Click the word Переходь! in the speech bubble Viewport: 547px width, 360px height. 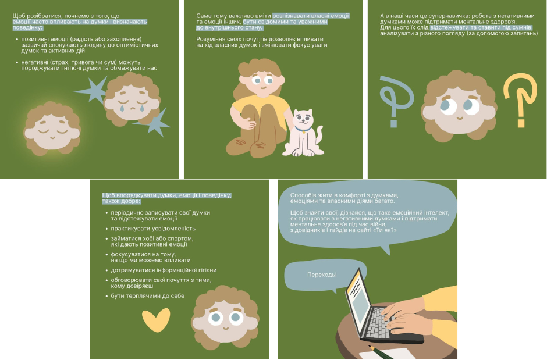pos(322,275)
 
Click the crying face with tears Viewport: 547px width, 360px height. pos(132,99)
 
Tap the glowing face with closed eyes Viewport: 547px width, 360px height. pos(52,129)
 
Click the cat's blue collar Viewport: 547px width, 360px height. pos(303,130)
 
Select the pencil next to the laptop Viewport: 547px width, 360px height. pos(381,352)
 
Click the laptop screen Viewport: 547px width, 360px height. pos(359,302)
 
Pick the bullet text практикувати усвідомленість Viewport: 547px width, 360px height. pos(153,229)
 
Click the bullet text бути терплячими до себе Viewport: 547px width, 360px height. pos(148,296)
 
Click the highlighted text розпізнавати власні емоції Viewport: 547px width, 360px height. pos(311,16)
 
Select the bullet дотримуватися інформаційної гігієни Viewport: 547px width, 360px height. pos(164,270)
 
